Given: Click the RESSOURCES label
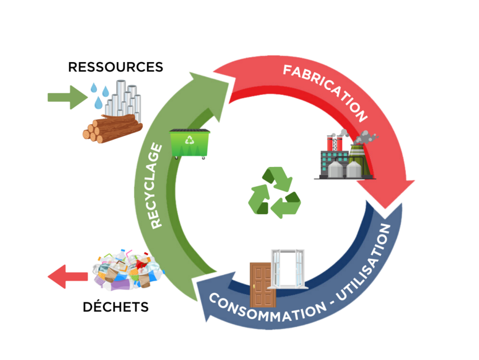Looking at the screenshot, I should click(x=115, y=67).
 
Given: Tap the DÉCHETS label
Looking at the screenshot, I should click(x=115, y=307).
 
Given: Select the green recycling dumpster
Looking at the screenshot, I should click(x=189, y=143).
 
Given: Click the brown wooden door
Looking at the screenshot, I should click(x=260, y=285).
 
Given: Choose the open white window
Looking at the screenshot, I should click(x=289, y=269).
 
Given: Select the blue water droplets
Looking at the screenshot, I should click(x=100, y=95).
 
